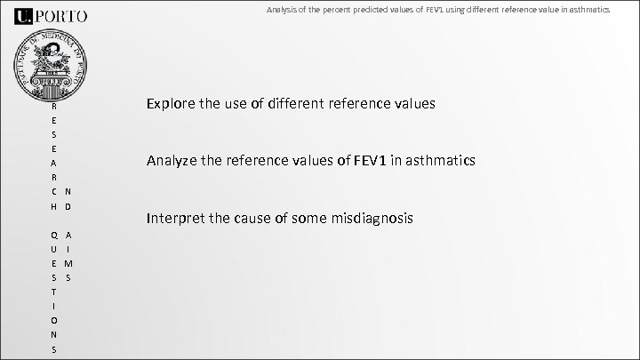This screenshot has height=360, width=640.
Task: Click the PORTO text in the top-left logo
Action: [63, 15]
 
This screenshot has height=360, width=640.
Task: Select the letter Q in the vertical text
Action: [54, 235]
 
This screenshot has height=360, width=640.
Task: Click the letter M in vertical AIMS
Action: [68, 264]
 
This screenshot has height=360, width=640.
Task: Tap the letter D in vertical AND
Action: [68, 206]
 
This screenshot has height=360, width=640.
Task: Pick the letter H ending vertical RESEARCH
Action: [54, 206]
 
